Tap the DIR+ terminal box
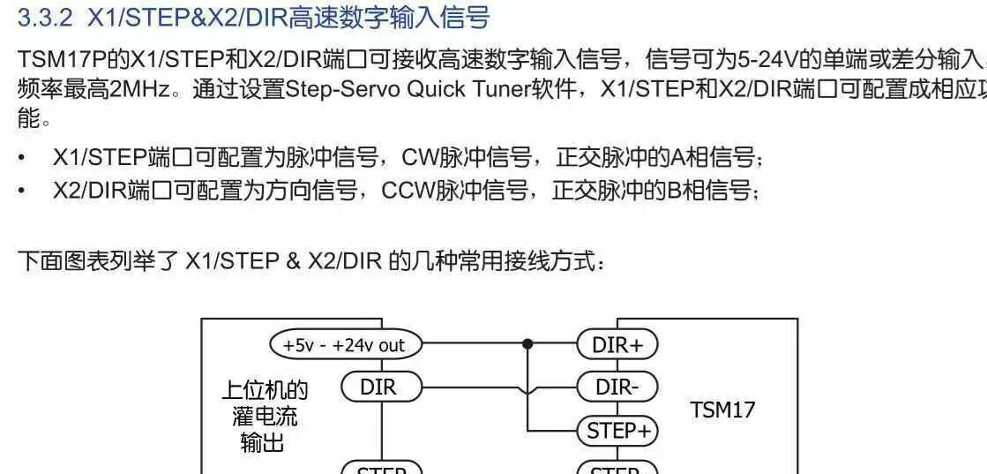617,345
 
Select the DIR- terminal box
617,387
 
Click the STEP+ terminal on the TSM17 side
617,431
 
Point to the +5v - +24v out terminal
345,345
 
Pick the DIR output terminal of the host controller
379,387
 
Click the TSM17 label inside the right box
722,410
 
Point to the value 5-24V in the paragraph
767,61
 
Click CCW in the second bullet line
407,191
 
